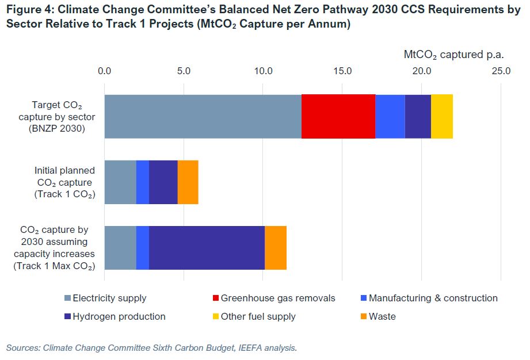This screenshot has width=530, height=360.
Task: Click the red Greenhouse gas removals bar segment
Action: click(x=338, y=116)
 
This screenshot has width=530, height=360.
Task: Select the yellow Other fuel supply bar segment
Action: click(x=441, y=116)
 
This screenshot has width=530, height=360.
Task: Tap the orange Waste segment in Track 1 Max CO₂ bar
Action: click(x=275, y=248)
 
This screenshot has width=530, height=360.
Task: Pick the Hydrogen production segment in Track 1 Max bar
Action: click(x=207, y=248)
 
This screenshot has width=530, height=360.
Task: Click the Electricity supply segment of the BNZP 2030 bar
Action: click(x=203, y=116)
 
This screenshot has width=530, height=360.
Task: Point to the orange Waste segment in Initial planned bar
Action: click(x=188, y=182)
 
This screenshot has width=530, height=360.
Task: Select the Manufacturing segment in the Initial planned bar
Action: click(x=142, y=182)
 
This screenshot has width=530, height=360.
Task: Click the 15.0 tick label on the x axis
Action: click(x=342, y=71)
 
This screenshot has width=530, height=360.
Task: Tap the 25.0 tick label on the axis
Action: click(x=501, y=71)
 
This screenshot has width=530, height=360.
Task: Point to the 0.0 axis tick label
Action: click(x=104, y=71)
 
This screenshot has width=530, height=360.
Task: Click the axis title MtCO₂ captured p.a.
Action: click(x=453, y=55)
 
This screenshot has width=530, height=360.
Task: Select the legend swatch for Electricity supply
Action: click(x=67, y=298)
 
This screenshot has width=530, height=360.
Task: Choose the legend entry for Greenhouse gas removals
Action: click(x=278, y=298)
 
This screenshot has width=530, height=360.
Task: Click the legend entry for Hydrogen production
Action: click(x=119, y=317)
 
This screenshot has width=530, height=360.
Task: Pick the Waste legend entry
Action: click(x=382, y=317)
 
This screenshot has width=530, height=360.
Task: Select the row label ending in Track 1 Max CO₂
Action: click(x=54, y=248)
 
